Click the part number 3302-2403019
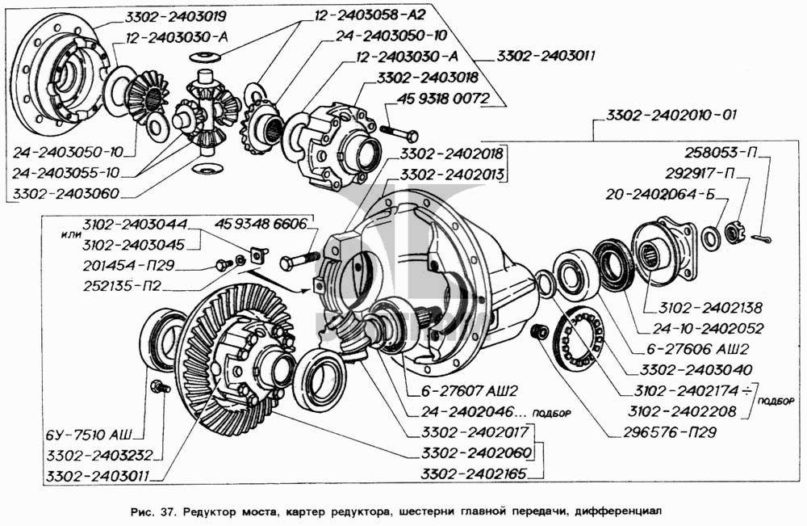175,17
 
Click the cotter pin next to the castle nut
761,238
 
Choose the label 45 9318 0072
442,99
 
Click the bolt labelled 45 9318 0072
399,132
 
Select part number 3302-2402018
452,154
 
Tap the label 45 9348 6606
261,224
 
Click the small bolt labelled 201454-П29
224,265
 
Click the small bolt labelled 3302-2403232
159,386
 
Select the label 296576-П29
670,431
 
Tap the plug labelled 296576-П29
537,331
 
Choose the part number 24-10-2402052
709,328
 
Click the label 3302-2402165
474,473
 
